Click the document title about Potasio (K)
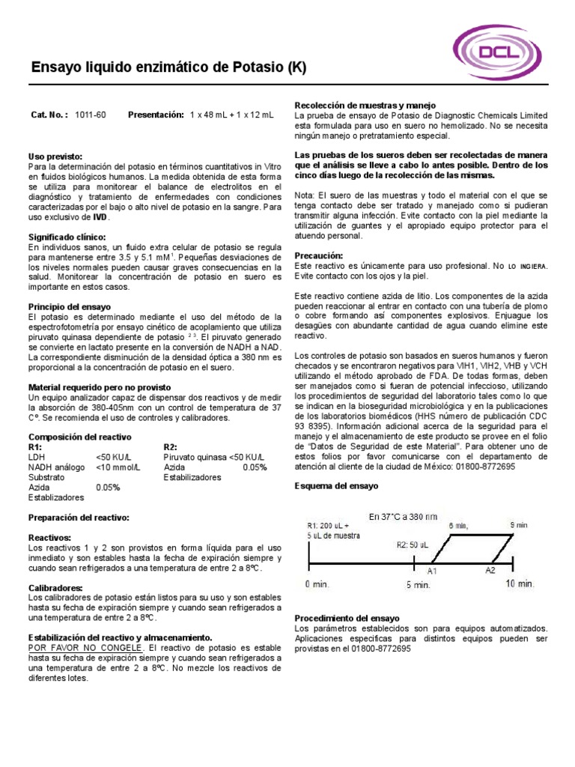pos(168,68)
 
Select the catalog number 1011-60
pos(91,115)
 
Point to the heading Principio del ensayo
pos(69,307)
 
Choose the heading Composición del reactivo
pos(79,437)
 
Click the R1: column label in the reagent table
pos(35,446)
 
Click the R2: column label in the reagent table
pos(171,446)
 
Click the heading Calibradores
pos(55,588)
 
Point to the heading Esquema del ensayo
pos(337,486)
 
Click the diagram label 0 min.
pos(317,584)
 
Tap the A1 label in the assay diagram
pos(432,571)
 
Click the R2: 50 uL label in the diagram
pos(413,545)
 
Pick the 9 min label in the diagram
pos(518,525)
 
